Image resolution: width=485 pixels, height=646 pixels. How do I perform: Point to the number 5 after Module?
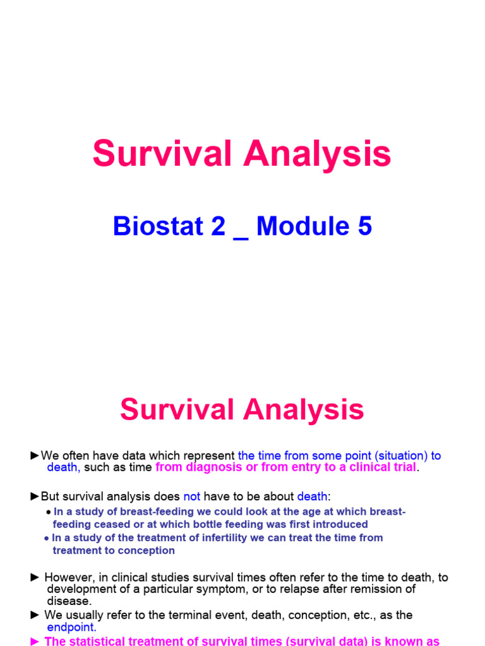[x=365, y=226]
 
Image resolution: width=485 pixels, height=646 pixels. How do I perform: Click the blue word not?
[x=191, y=496]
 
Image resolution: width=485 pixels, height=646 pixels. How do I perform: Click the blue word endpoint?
[x=72, y=627]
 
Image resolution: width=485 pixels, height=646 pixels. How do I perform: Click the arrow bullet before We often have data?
[x=35, y=455]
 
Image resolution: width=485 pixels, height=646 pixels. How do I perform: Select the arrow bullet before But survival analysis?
[x=35, y=496]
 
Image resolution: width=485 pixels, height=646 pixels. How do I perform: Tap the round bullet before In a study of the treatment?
[x=47, y=537]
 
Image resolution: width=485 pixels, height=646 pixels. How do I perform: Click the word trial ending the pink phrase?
[x=402, y=467]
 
